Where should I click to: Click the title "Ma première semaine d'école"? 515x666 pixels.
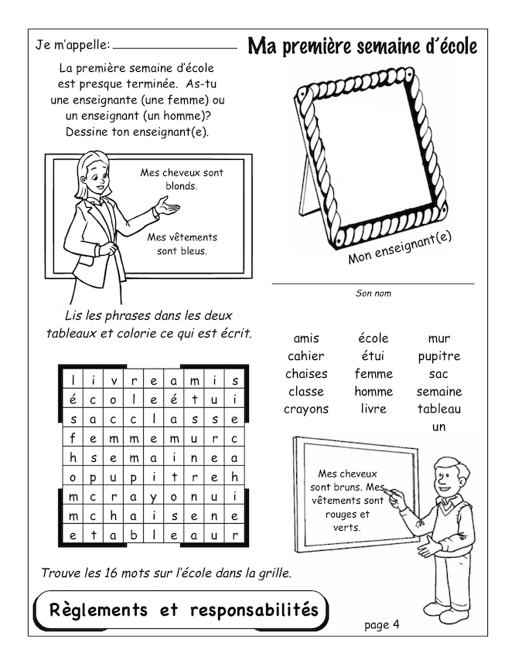pos(362,46)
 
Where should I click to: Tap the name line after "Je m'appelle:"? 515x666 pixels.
pos(175,47)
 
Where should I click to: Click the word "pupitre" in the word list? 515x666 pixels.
pos(438,356)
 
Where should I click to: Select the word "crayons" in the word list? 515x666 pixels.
pos(305,409)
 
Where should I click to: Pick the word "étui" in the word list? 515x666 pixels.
pos(373,356)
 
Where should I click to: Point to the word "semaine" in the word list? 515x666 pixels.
pos(438,392)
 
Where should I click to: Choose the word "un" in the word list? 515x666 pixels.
pos(438,426)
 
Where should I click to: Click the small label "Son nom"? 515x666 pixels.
pos(373,294)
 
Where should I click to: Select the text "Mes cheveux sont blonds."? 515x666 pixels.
pos(182,179)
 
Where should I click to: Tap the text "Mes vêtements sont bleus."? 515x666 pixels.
pos(182,243)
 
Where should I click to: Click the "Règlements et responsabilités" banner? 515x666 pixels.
pos(183,610)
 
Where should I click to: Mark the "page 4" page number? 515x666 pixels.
pos(381,624)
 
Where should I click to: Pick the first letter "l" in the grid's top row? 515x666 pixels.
pos(72,380)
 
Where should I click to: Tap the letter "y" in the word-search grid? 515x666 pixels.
pos(154,496)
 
